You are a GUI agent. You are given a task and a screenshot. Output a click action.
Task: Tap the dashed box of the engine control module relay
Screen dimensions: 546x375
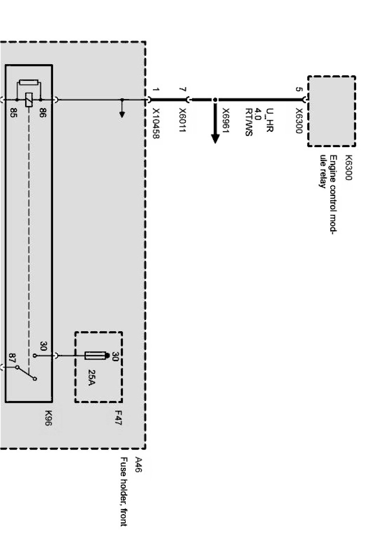(x=331, y=111)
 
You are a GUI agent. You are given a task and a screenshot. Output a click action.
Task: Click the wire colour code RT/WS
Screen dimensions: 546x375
(x=249, y=122)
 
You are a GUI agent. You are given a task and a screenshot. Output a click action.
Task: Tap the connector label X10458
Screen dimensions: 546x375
(x=156, y=124)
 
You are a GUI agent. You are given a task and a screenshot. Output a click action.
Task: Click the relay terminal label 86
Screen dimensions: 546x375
(x=42, y=113)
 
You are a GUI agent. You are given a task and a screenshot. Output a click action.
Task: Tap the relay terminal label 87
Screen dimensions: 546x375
(x=12, y=357)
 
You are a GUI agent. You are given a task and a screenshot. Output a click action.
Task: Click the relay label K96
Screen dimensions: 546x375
(x=48, y=418)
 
